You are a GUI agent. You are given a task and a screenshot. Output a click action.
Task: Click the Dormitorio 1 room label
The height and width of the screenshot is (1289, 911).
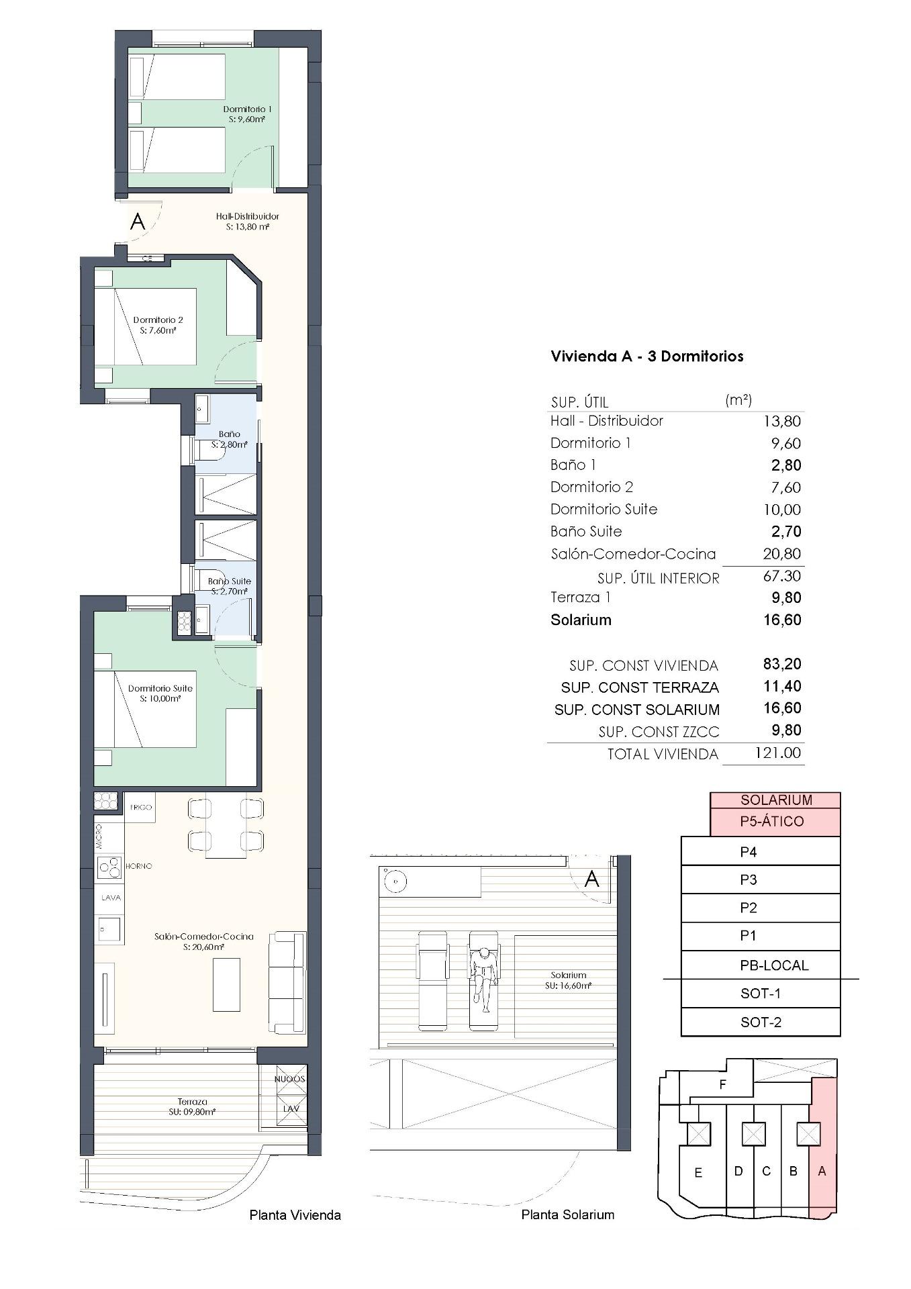coord(247,114)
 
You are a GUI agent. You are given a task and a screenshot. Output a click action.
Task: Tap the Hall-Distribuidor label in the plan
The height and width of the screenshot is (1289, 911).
coord(247,222)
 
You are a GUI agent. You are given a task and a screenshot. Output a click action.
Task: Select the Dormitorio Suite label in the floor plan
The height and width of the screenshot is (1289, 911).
coord(160,693)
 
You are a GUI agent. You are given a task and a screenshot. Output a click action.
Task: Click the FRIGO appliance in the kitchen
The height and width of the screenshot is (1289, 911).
coord(141,807)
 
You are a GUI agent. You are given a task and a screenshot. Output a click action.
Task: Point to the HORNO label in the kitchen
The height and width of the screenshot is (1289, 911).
coord(139,866)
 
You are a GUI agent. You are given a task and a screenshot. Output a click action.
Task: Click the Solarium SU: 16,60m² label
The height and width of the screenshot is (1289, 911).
coord(568,980)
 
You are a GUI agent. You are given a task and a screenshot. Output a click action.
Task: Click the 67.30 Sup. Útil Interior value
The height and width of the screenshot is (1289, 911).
coord(782,576)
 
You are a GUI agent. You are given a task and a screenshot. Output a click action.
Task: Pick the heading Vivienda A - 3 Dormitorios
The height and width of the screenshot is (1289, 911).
coord(646,356)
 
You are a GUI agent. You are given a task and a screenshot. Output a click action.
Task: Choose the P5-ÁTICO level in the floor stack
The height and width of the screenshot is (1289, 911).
coord(775,821)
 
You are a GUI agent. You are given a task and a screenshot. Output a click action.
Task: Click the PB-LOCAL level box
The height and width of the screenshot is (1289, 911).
coord(773,965)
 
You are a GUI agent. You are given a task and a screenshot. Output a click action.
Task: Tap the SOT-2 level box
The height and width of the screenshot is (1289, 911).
coord(761,1022)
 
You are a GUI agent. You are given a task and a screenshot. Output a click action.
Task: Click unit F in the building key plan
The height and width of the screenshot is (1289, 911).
coord(722,1084)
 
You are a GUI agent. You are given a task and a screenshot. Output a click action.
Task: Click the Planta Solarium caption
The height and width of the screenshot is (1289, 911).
coord(567,1214)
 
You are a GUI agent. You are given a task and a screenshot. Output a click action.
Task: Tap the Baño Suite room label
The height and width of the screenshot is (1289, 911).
coord(229,586)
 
